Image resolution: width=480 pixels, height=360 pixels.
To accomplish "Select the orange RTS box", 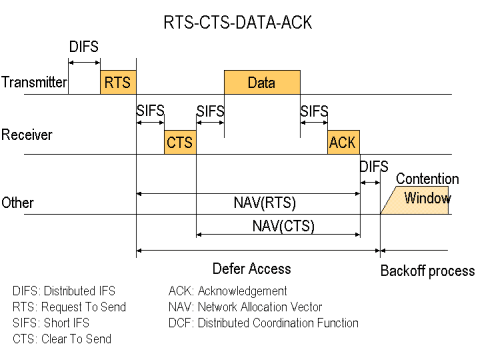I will [x=118, y=83].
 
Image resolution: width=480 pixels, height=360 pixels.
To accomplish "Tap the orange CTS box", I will [x=180, y=142].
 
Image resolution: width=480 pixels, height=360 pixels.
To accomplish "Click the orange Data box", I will [x=262, y=83].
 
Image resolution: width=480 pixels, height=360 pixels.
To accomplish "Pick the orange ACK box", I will [x=342, y=142].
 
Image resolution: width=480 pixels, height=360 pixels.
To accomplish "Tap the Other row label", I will [x=18, y=201].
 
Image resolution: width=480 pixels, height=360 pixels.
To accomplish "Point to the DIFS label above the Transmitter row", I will [x=84, y=46].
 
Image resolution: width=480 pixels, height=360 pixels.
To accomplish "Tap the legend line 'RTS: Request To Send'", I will [x=70, y=307].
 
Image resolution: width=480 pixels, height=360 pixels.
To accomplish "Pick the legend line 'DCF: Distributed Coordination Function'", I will [x=264, y=323].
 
